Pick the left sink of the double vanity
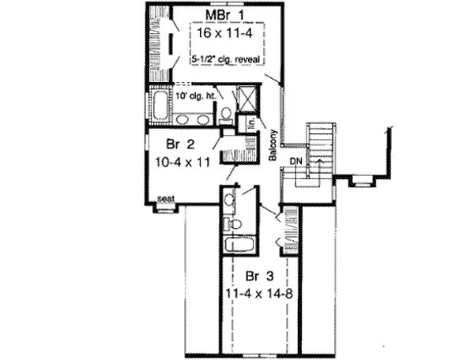coord(182,120)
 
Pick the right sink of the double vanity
coord(203,120)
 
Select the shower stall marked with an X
coord(246,99)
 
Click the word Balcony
coord(270,145)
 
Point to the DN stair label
coord(295,160)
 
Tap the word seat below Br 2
coord(165,197)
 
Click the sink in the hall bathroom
coord(230,198)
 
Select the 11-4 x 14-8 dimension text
coord(257,294)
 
